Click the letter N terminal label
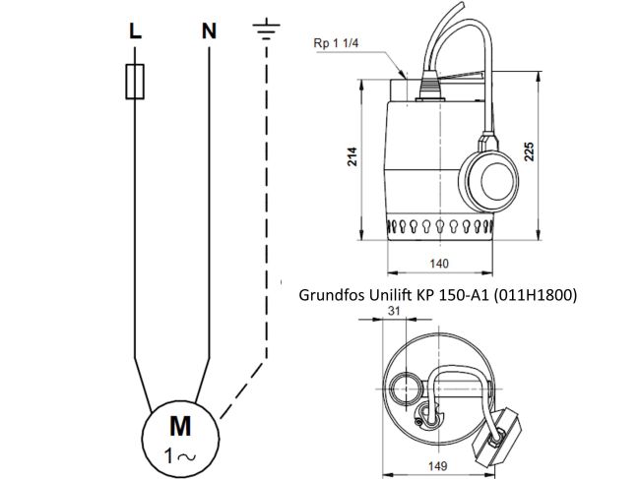point(209,30)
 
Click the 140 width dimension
point(440,264)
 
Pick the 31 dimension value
point(395,311)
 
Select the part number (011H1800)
point(534,293)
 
